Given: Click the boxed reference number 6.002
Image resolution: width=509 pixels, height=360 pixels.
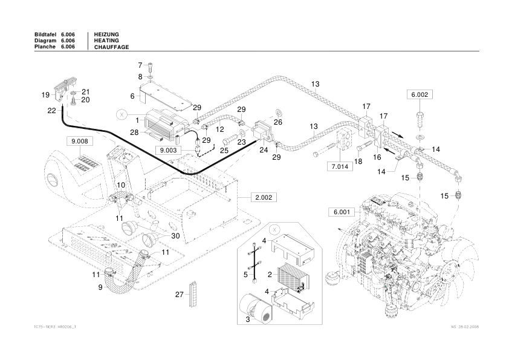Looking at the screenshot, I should (420, 95).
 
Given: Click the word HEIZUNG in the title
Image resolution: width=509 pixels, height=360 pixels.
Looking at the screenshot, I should (106, 34).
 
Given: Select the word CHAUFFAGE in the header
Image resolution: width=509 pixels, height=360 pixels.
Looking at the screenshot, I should (112, 47).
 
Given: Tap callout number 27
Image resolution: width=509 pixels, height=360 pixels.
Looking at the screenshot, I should (179, 294).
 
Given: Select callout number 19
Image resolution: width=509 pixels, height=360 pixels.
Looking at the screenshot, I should (45, 95).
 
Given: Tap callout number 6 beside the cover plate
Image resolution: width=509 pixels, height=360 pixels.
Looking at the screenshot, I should (132, 96).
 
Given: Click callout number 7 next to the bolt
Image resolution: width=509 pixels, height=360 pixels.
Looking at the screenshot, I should (140, 65).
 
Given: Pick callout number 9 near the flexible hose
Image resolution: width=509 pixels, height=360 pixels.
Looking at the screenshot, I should (100, 287).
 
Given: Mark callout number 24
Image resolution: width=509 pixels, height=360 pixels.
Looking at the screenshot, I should (264, 149).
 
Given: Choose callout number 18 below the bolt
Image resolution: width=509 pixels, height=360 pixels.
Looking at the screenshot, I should (357, 162).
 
